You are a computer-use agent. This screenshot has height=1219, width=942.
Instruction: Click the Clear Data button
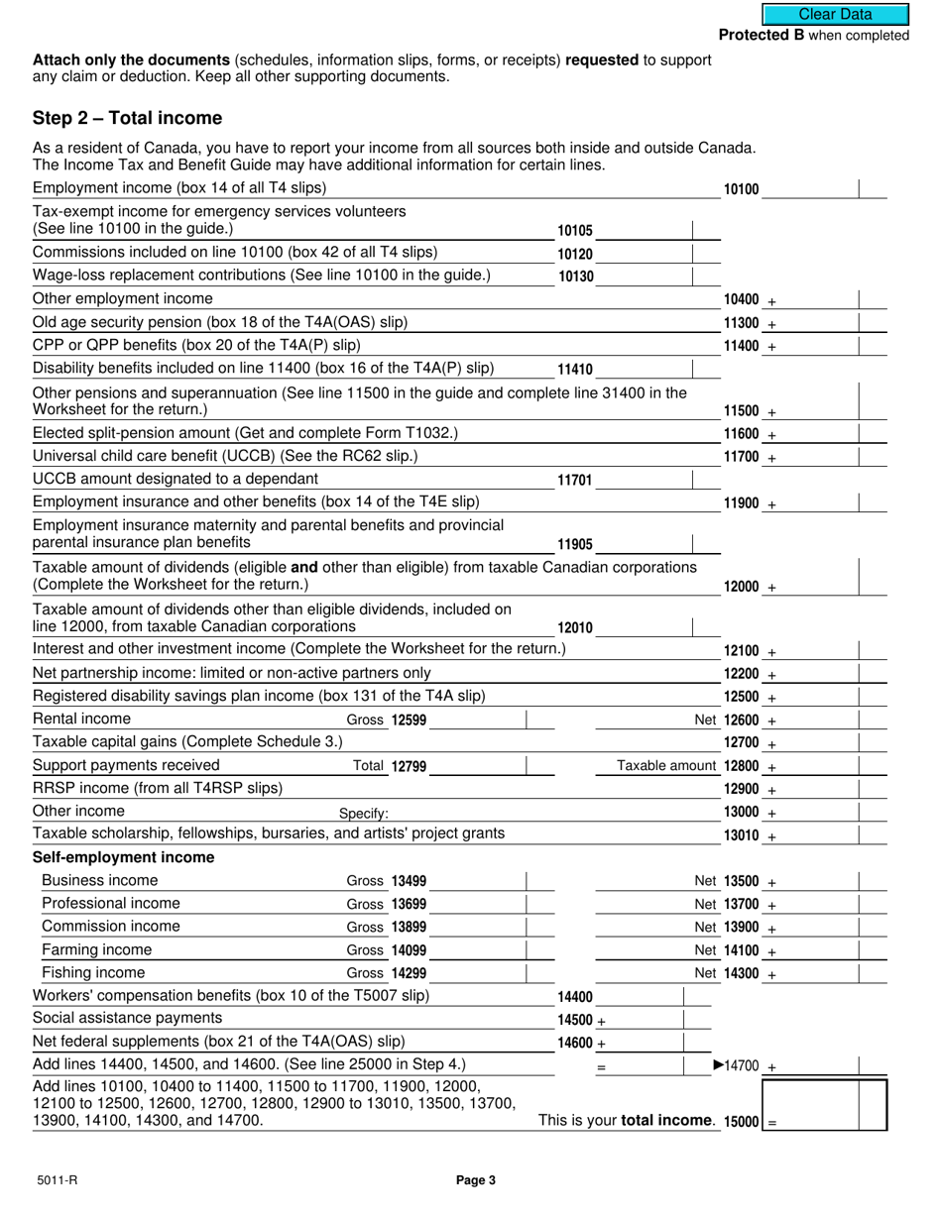tap(835, 14)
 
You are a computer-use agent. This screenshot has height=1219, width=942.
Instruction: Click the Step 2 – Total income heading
tap(128, 119)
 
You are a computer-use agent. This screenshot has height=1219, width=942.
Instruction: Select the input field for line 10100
tap(808, 188)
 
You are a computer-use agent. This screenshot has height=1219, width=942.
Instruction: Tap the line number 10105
tap(575, 231)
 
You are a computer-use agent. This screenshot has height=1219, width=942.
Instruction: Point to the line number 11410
tap(575, 370)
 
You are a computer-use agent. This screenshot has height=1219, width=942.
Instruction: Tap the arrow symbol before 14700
tap(719, 1066)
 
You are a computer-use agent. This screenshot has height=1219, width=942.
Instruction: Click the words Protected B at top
tap(762, 36)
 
